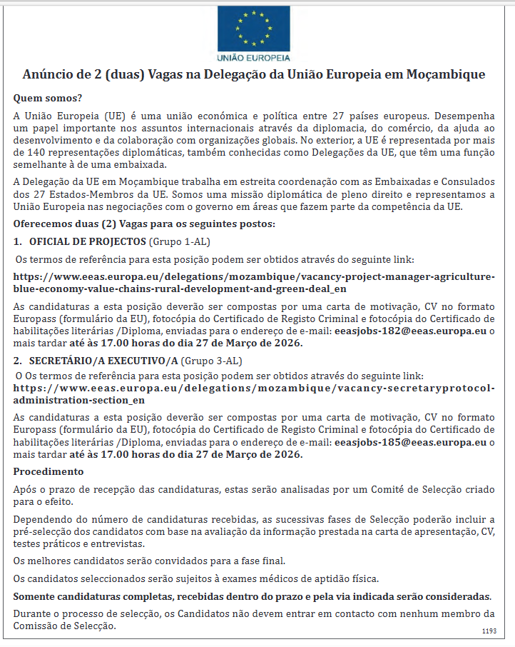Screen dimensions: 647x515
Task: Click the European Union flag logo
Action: pyautogui.click(x=254, y=26)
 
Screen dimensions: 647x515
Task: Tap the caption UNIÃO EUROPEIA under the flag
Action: pyautogui.click(x=254, y=56)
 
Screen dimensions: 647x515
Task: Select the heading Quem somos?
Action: pyautogui.click(x=48, y=98)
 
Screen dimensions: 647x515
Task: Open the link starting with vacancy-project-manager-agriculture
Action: pyautogui.click(x=254, y=283)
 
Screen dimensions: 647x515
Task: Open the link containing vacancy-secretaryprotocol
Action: pyautogui.click(x=254, y=394)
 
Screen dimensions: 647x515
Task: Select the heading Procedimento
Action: pyautogui.click(x=49, y=471)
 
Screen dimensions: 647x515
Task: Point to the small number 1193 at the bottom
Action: pyautogui.click(x=489, y=631)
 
